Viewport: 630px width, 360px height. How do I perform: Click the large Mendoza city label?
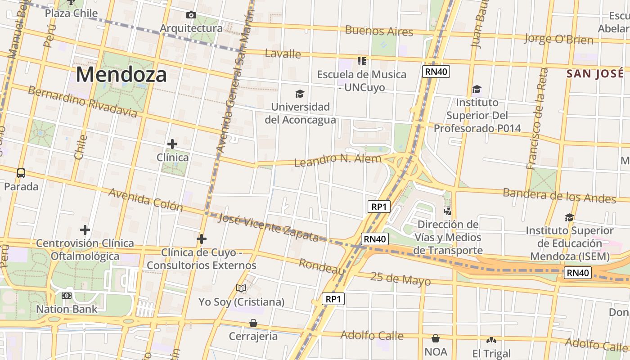coord(121,74)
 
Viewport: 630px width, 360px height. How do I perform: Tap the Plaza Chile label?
coord(71,13)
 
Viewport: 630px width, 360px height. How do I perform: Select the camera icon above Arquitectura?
coord(191,15)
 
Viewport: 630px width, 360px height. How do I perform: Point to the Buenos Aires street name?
coord(379,31)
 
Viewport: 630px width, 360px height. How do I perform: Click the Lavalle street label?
coord(283,54)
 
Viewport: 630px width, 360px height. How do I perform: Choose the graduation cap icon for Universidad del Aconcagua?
coord(300,94)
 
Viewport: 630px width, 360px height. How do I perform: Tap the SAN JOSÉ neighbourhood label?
coord(595,73)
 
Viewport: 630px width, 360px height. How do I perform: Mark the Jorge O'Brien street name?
coord(558,39)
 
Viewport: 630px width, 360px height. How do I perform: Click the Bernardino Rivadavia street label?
coord(82,101)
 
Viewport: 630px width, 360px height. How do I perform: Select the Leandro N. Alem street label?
coord(337,160)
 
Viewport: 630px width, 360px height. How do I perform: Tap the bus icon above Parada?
coord(21,173)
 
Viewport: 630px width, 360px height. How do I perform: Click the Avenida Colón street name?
coord(146,199)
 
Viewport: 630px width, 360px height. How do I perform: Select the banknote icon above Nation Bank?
coord(67,296)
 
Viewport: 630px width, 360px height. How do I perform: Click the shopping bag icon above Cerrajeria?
coord(253,323)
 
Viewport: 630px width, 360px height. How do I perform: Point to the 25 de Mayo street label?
coord(400,279)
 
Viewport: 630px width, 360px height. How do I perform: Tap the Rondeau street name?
coord(322,266)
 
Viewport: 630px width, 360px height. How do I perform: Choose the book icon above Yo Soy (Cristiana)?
coord(242,288)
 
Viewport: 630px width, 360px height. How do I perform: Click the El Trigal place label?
coord(491,353)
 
